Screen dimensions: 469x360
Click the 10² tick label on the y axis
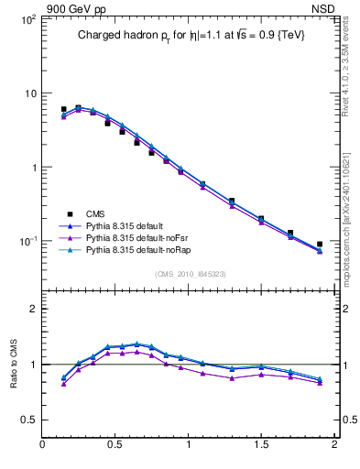[27, 19]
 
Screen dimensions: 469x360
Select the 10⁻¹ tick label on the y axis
[27, 241]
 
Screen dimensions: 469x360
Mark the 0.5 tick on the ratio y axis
[28, 420]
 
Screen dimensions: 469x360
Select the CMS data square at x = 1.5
[261, 219]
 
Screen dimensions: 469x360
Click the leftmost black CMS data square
[63, 109]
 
